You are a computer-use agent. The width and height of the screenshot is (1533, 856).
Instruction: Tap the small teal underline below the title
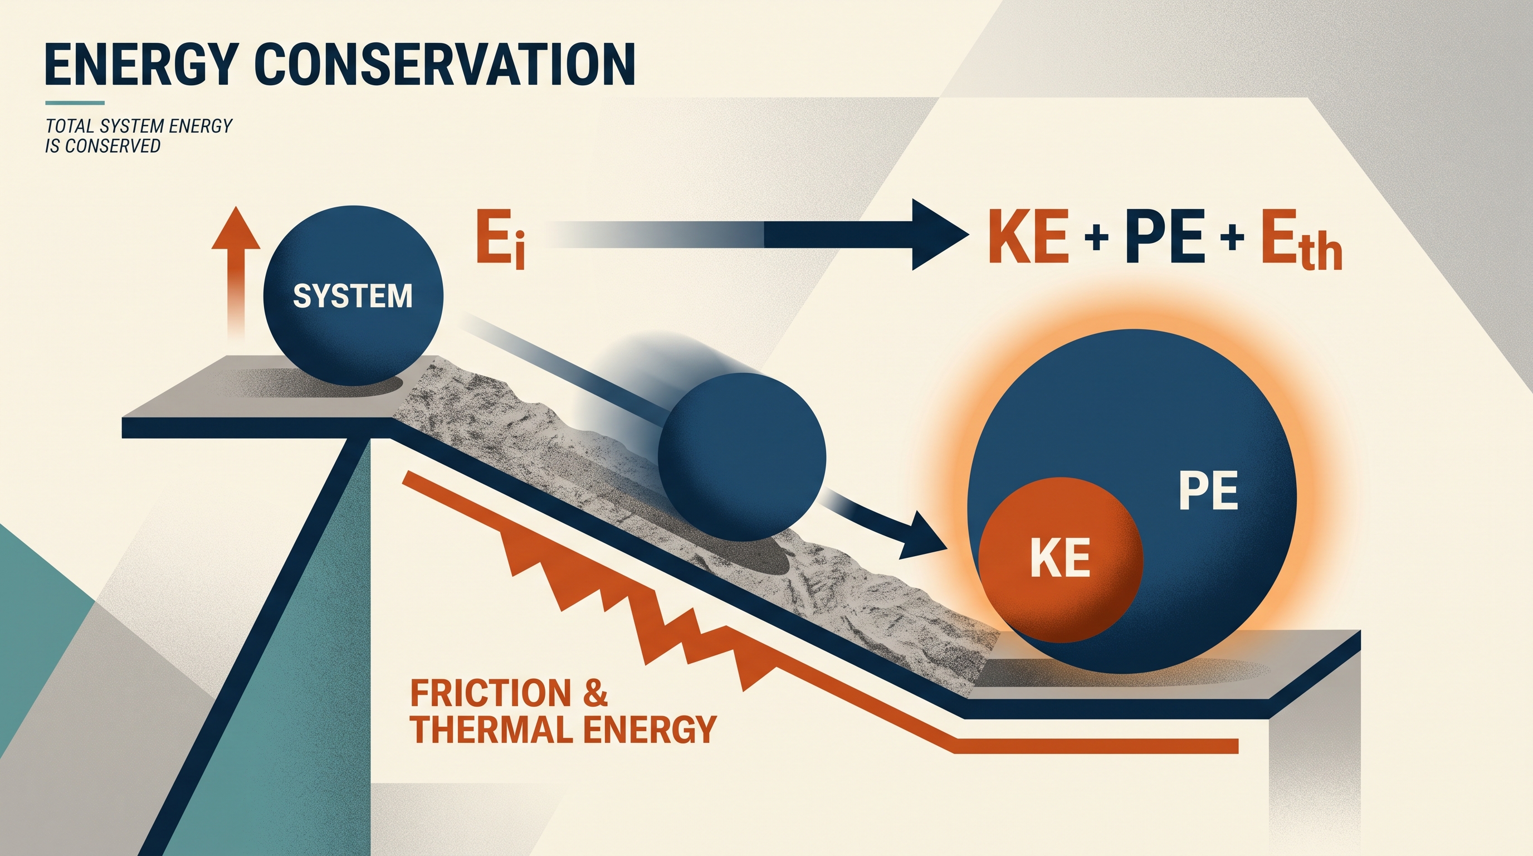pos(75,103)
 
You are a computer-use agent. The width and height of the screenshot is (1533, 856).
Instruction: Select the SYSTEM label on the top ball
pos(353,296)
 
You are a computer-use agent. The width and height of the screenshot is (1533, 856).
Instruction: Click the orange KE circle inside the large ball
pos(1060,559)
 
